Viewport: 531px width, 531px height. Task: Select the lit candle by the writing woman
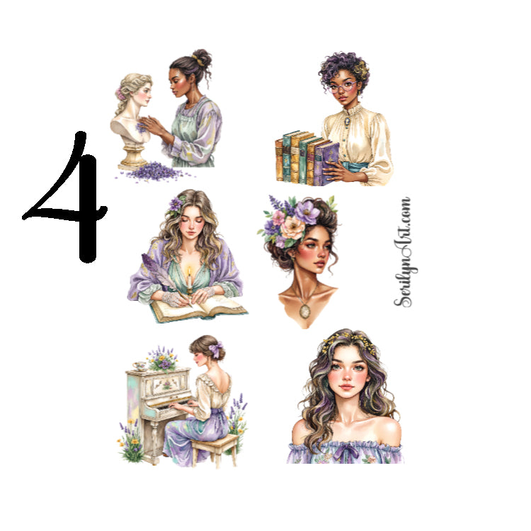pyautogui.click(x=190, y=280)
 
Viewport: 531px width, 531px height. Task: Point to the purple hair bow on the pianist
pyautogui.click(x=215, y=349)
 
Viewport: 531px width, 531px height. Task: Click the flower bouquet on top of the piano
pyautogui.click(x=163, y=360)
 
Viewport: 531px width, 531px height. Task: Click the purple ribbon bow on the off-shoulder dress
pyautogui.click(x=343, y=447)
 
